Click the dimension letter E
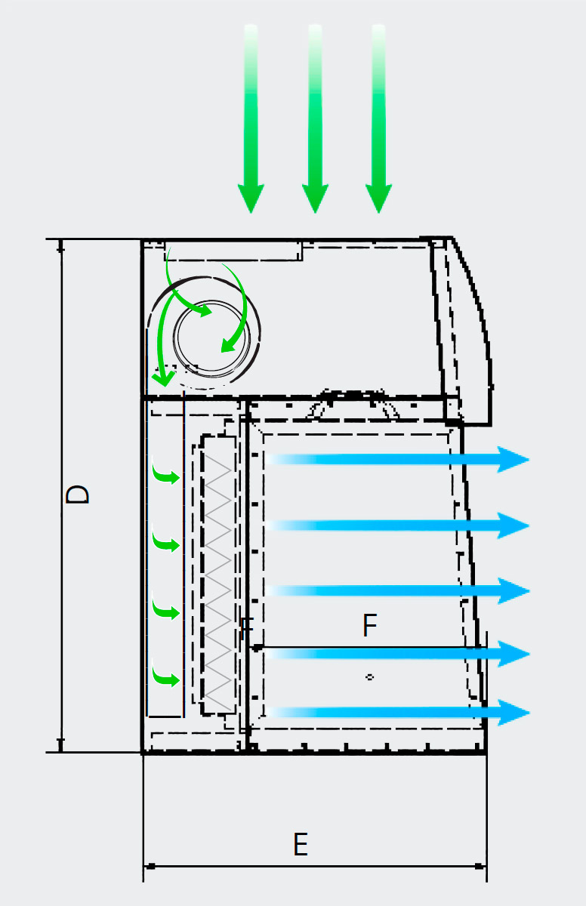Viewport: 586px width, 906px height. pos(301,844)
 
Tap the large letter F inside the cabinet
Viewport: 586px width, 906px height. pos(369,626)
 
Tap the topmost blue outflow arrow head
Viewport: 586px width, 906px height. pos(514,459)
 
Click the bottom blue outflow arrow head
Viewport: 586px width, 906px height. pos(514,713)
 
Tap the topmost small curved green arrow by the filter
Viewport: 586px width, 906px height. pos(166,476)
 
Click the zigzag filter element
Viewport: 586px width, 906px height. pos(220,574)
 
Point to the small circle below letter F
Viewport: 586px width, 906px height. pos(369,677)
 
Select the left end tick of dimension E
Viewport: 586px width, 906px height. pos(148,866)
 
